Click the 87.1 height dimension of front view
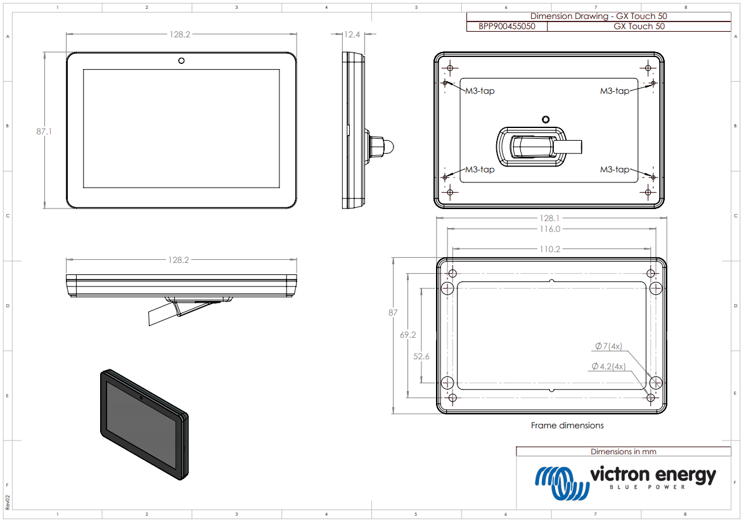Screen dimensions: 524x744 (x=44, y=132)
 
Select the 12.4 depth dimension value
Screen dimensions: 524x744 (x=352, y=35)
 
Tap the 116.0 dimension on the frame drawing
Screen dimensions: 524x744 (x=550, y=229)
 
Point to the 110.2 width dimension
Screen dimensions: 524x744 (x=550, y=249)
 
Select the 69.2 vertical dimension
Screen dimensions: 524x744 (x=407, y=335)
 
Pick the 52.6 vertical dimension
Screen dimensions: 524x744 (x=421, y=357)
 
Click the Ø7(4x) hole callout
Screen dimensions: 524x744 (x=608, y=346)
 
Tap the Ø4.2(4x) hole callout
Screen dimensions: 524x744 (x=608, y=366)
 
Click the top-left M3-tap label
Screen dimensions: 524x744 (x=480, y=91)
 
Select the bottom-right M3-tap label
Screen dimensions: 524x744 (x=615, y=169)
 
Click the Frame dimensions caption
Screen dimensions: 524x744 (x=567, y=425)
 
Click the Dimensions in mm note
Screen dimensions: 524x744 (x=623, y=452)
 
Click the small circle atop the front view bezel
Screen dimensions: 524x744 (x=181, y=61)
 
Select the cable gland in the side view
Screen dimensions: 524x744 (x=381, y=146)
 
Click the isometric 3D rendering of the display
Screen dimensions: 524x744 (x=144, y=424)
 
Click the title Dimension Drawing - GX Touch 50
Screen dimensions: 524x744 (x=598, y=16)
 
